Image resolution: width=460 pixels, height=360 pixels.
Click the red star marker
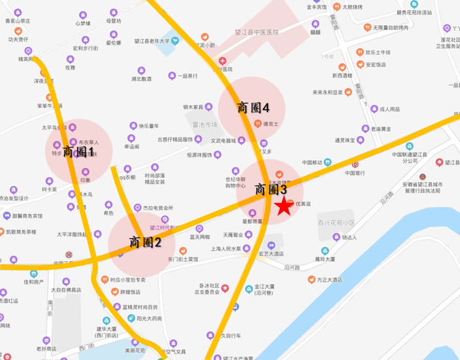click(283, 207)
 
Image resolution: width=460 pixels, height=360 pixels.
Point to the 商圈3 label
click(271, 189)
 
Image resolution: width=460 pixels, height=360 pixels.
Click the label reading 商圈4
click(253, 107)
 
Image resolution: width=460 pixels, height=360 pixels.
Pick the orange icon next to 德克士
click(257, 123)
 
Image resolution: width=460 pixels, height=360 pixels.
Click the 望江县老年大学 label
click(152, 41)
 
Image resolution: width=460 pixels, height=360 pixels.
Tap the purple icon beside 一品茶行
click(172, 76)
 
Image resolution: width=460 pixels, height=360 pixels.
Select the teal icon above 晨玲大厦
click(324, 251)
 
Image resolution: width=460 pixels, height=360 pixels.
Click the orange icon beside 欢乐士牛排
click(359, 52)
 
